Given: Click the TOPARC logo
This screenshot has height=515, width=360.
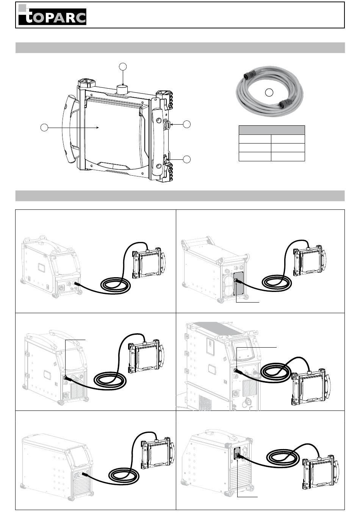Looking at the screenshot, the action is (x=52, y=15).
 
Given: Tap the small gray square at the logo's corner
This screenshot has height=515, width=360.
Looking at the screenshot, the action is (x=22, y=8).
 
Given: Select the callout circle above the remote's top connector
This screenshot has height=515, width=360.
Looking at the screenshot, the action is (x=123, y=66).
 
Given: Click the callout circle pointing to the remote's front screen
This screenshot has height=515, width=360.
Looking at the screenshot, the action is (x=44, y=127).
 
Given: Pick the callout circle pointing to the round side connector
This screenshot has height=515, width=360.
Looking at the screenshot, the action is (x=187, y=124).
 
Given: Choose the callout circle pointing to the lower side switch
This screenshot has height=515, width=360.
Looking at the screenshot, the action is (x=187, y=159).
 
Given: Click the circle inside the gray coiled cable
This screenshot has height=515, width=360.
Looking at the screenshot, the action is (x=269, y=93).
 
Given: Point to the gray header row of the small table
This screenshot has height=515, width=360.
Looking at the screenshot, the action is (x=272, y=130).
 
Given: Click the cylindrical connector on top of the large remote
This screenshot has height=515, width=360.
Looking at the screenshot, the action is (x=123, y=89).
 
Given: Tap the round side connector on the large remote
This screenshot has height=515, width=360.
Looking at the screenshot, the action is (x=167, y=125).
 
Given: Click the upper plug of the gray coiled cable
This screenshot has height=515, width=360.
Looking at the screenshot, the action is (x=250, y=76).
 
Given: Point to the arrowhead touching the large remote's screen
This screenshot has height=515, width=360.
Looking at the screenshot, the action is (x=97, y=127).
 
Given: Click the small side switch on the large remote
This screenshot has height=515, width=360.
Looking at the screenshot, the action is (x=166, y=158).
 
